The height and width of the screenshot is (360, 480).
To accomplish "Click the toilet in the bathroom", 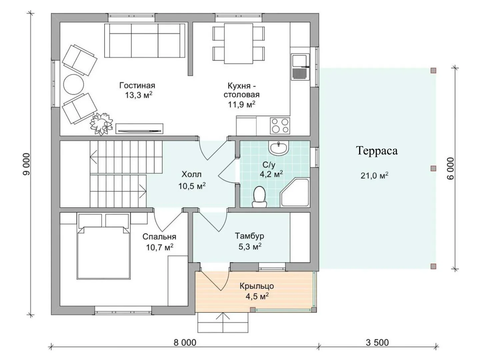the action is [x=259, y=196].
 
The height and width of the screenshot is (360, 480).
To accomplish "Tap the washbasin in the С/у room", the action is [x=279, y=148].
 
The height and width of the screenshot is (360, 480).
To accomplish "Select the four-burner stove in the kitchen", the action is [x=280, y=126].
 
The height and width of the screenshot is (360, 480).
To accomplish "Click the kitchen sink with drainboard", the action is [x=301, y=67].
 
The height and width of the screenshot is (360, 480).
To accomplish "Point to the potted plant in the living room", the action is [x=101, y=124].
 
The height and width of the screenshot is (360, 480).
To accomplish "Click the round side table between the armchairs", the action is [x=73, y=85].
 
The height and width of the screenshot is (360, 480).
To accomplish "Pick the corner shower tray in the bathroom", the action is [x=295, y=193].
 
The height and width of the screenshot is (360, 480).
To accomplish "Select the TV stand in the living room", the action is [x=139, y=129].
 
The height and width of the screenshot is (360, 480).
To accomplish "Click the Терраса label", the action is [x=377, y=151].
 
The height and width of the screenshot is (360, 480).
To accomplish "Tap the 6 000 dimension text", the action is [x=451, y=169].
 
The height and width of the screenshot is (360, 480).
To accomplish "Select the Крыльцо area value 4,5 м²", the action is [x=257, y=297].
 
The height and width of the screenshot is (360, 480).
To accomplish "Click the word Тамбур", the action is [x=250, y=236].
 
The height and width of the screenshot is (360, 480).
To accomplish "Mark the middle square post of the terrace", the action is [x=433, y=169].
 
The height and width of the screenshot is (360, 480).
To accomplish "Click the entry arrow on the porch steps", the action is [x=223, y=323].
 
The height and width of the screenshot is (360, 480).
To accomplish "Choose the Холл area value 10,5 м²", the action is [x=192, y=186].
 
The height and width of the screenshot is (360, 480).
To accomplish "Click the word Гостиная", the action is [x=137, y=85].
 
